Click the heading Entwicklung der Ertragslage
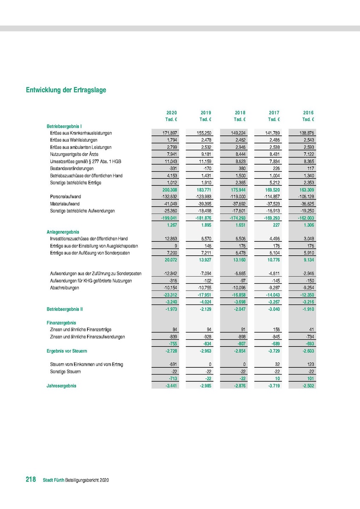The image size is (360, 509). point(66,90)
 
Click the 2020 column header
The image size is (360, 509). point(172,113)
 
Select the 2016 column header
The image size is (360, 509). point(308,113)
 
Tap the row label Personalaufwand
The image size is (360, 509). point(65,197)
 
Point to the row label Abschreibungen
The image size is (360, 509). point(64,288)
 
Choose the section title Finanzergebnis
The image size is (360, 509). point(61,323)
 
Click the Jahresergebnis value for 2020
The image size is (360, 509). point(170,386)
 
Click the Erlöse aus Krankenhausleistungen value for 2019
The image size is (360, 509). point(204,133)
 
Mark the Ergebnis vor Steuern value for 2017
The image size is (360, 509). point(272,351)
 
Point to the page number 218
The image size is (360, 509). point(31,480)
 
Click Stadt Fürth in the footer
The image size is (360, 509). point(53,480)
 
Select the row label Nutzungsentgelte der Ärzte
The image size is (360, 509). point(75,154)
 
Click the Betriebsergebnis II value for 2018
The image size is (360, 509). point(238,309)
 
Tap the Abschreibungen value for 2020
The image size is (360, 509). point(170,288)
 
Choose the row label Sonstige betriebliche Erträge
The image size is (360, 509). point(76,183)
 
